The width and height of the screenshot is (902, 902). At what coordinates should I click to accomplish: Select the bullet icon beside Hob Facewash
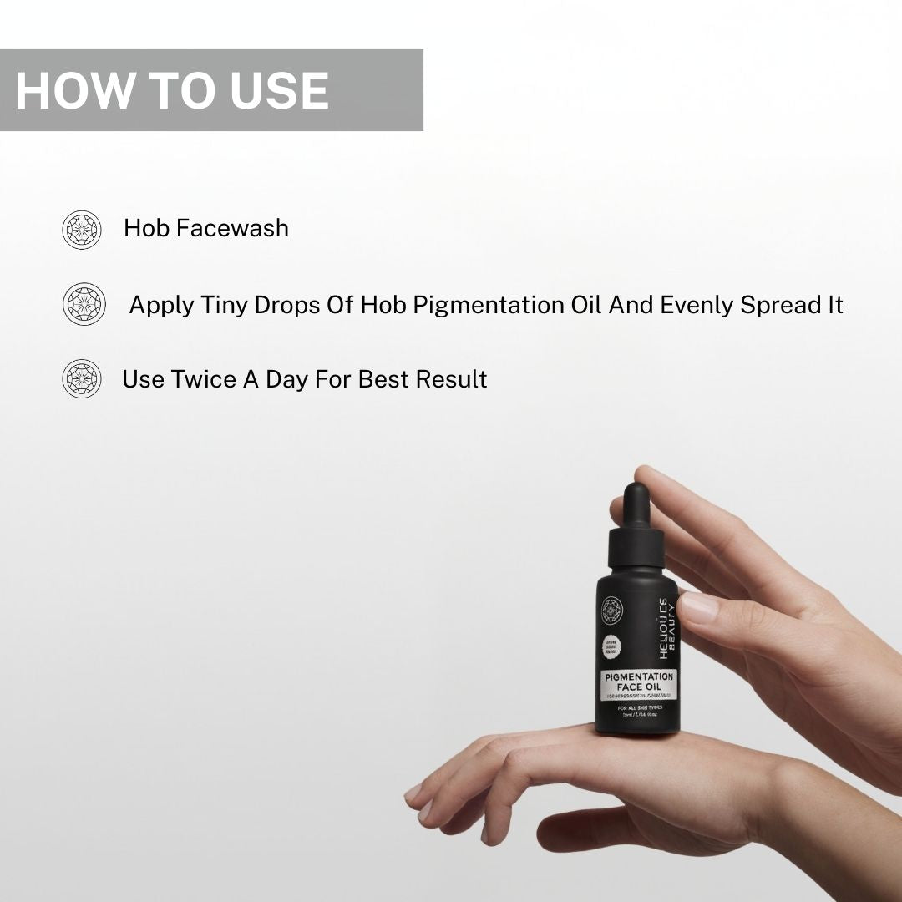[82, 229]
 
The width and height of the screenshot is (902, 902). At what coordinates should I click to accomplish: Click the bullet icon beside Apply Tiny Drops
[84, 304]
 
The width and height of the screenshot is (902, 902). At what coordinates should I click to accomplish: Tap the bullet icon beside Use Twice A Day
[82, 378]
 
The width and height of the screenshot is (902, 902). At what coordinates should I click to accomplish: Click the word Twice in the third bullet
[203, 379]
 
